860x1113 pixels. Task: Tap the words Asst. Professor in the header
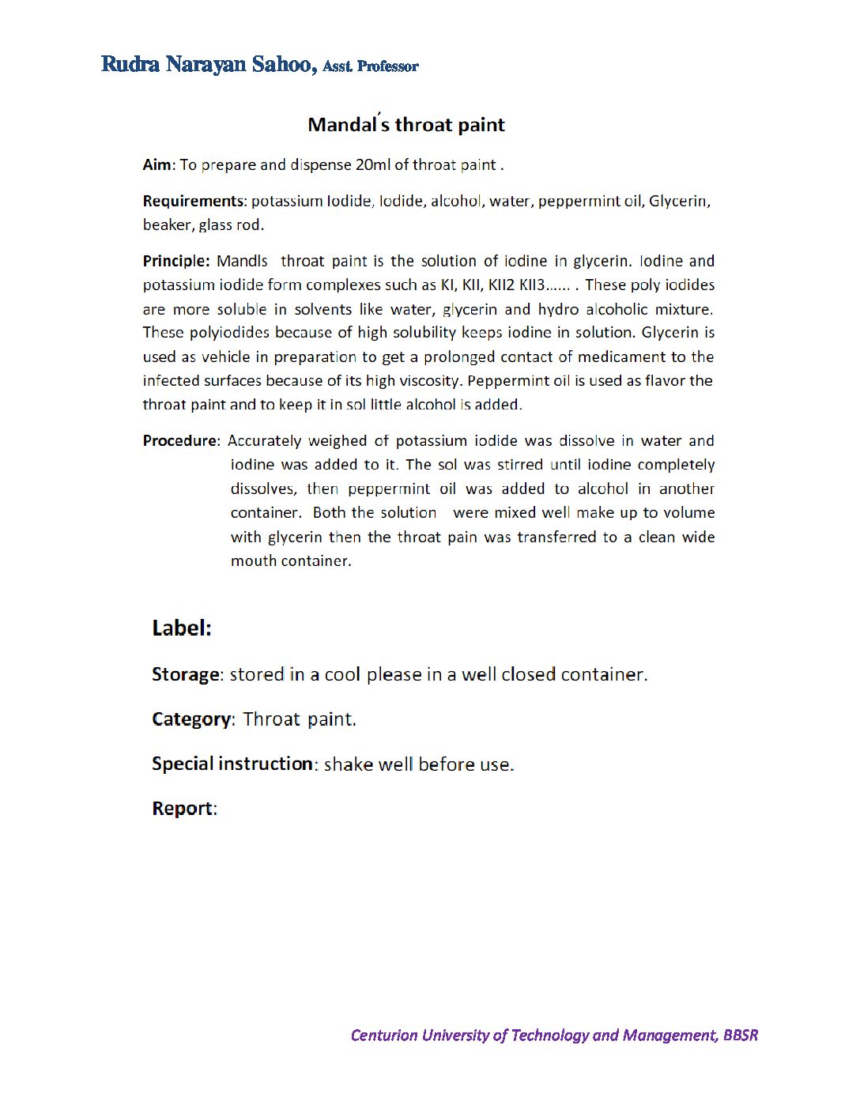pos(370,66)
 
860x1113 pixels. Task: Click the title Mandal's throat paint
pos(405,125)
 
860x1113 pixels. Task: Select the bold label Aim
pos(156,164)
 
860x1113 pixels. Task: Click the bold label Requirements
pos(193,201)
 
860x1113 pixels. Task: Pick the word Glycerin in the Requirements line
pos(678,201)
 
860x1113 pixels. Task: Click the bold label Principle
pos(175,261)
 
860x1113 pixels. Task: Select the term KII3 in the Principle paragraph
pos(532,285)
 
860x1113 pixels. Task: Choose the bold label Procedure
pos(179,440)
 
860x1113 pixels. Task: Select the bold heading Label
pos(182,628)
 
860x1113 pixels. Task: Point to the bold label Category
pos(191,719)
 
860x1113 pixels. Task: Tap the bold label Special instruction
pos(232,764)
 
